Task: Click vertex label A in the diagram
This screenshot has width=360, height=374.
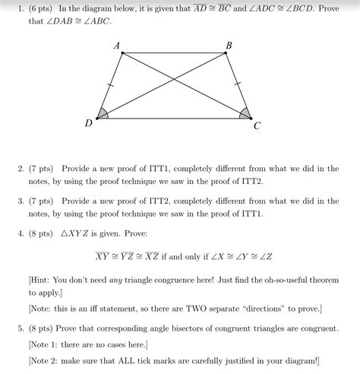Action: [x=117, y=46]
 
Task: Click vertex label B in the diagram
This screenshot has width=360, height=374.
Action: [x=229, y=46]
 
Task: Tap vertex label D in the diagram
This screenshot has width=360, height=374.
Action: [x=89, y=122]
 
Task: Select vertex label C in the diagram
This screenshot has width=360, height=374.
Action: [x=257, y=125]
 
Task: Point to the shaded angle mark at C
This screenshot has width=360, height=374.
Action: [x=244, y=113]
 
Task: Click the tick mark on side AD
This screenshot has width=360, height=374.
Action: [x=111, y=85]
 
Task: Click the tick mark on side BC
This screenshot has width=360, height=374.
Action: [x=238, y=84]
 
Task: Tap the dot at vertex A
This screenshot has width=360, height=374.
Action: [x=122, y=53]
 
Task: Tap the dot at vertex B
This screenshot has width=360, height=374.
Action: [x=226, y=53]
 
